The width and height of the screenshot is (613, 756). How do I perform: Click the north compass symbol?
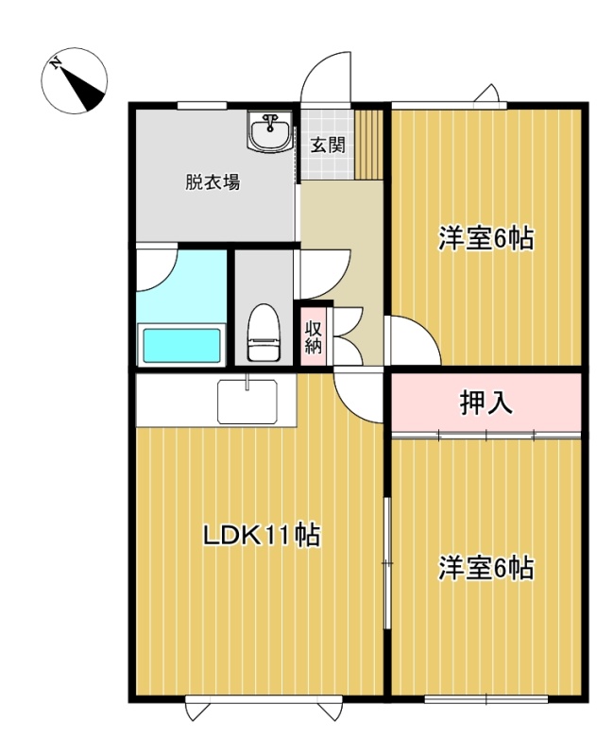(x=75, y=81)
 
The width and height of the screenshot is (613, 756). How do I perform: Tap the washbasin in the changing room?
(x=270, y=131)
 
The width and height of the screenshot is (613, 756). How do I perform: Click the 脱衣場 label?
(x=213, y=182)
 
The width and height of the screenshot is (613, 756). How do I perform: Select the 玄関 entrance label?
(x=328, y=145)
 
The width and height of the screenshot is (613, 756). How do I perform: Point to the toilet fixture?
(x=264, y=332)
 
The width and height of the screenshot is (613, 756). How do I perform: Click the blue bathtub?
(x=181, y=345)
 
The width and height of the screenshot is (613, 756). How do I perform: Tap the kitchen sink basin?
(x=247, y=401)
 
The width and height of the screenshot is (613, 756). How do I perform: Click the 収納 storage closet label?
(x=314, y=337)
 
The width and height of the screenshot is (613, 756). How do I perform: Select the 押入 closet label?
(x=485, y=403)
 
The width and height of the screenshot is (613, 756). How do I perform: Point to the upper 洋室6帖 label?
(x=485, y=238)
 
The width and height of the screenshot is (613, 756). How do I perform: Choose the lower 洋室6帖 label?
(x=485, y=568)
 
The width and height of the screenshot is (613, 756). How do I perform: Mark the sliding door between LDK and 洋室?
(x=386, y=562)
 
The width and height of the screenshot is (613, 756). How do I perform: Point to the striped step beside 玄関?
(x=368, y=145)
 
